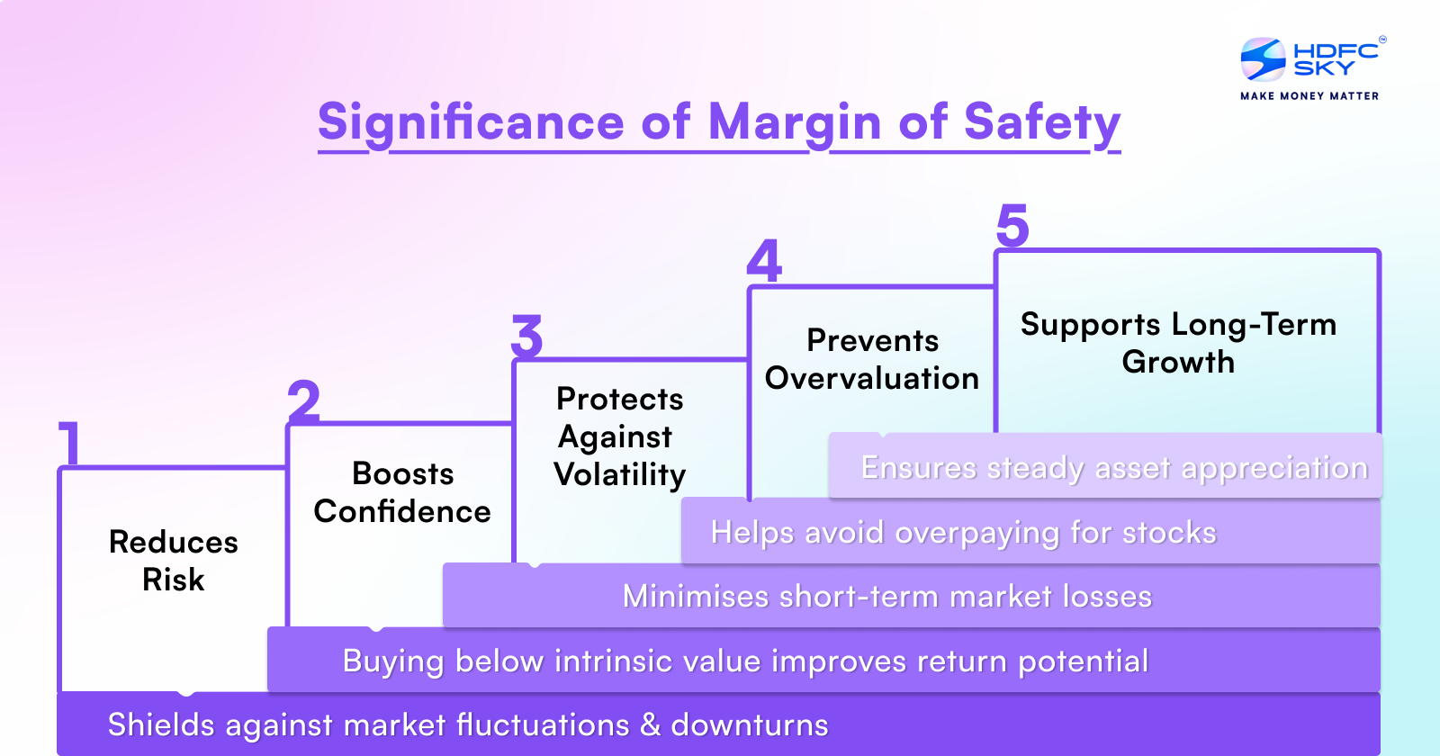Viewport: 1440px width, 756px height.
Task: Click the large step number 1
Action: coord(70,442)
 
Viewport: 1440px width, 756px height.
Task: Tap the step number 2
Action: coord(304,401)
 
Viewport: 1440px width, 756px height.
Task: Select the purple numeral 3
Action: coord(527,337)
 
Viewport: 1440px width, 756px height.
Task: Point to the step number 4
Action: coord(764,261)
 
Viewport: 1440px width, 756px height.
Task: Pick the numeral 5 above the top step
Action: coord(1012,225)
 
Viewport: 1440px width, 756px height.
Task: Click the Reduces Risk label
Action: coord(174,560)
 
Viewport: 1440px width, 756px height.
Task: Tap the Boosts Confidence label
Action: coord(402,492)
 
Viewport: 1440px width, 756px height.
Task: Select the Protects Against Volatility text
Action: coord(620,436)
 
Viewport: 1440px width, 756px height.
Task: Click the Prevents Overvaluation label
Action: coord(872,359)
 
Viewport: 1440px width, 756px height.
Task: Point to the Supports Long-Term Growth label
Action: coord(1178,342)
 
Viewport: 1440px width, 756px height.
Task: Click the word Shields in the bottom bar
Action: coord(161,724)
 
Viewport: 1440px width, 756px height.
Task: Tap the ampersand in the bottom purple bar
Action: coord(650,724)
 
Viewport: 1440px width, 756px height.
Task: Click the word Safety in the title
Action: coord(1041,122)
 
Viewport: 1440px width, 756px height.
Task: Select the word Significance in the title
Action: coord(471,122)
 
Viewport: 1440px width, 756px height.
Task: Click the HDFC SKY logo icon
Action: coord(1263,59)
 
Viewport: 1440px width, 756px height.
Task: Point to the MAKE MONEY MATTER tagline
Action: coord(1309,95)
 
